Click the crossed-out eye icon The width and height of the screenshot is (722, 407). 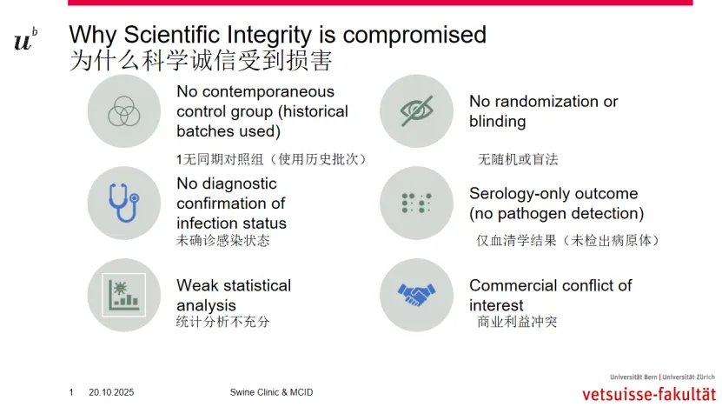point(416,110)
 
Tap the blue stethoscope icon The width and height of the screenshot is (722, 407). point(123,203)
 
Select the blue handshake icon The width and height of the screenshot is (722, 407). point(416,295)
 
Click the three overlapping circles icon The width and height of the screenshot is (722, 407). point(124,111)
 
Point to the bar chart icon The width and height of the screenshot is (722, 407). point(124,295)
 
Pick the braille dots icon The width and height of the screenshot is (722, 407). point(416,203)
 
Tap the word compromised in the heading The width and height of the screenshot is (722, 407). point(414,35)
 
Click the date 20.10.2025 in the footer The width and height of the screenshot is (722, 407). point(111,392)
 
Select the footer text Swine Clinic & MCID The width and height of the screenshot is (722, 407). point(271,392)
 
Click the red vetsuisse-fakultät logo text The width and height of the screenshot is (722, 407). point(649,394)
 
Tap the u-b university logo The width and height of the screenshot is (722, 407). point(25,39)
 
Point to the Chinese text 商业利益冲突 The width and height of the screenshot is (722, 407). point(517,321)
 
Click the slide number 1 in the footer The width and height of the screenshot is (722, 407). point(71,392)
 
